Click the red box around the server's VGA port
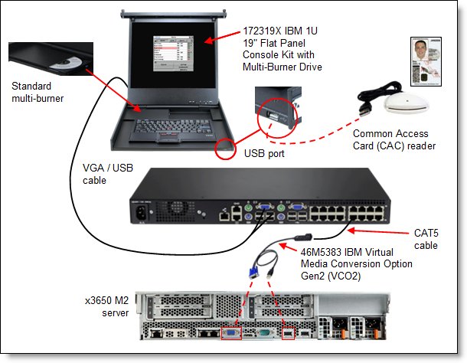pos(230,333)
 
